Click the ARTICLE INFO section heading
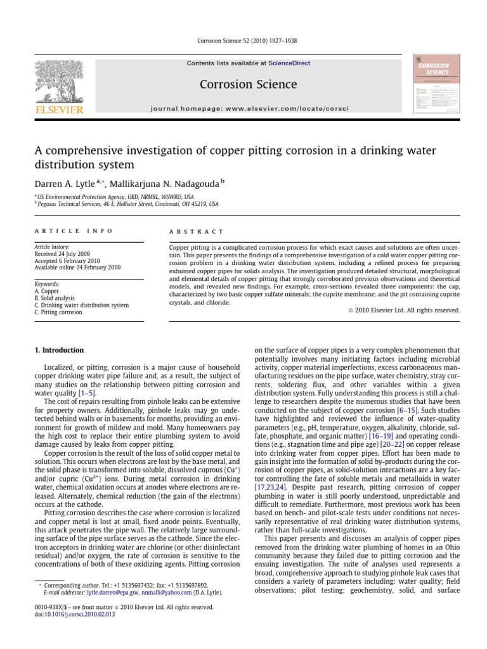coord(74,231)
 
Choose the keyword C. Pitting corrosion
coord(58,312)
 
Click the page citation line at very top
coord(243,41)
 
